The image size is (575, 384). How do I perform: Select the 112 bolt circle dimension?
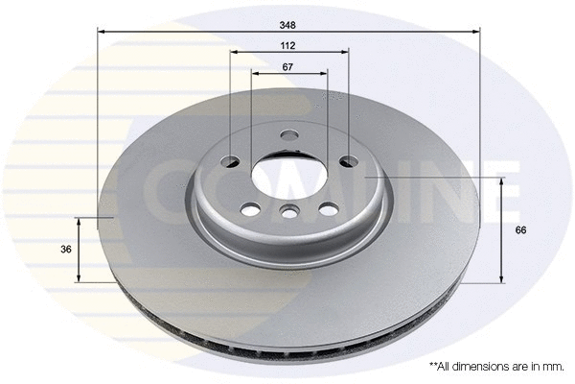[287, 45]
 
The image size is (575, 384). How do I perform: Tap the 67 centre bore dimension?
[287, 66]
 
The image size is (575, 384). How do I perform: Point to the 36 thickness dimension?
[66, 250]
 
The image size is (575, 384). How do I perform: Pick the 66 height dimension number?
[521, 230]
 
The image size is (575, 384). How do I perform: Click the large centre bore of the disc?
[288, 179]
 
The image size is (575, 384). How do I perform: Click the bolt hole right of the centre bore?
[348, 162]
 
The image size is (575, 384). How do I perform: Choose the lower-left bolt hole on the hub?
[251, 208]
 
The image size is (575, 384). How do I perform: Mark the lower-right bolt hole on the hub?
[329, 208]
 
